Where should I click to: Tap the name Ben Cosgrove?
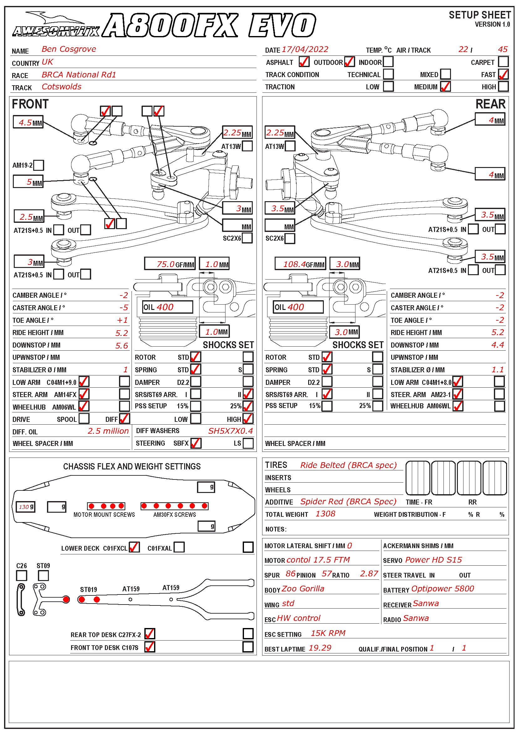[69, 49]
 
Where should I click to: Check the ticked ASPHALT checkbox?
[304, 62]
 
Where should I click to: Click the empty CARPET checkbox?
[503, 62]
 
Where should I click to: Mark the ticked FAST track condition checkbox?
[503, 74]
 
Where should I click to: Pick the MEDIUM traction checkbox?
[445, 86]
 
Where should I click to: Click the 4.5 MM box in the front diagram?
[28, 122]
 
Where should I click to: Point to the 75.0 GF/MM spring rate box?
[170, 264]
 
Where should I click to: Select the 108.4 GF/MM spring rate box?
[300, 264]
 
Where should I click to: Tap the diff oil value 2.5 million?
[108, 431]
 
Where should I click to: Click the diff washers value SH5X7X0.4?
[230, 431]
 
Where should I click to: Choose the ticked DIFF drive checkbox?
[124, 419]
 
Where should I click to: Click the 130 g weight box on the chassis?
[25, 507]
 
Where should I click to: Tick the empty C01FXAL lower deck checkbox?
[179, 547]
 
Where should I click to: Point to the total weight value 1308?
[325, 514]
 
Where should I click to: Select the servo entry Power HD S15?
[433, 560]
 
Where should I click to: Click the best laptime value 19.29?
[320, 648]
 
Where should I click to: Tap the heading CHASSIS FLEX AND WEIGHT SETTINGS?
[132, 467]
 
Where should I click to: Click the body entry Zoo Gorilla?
[303, 589]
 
